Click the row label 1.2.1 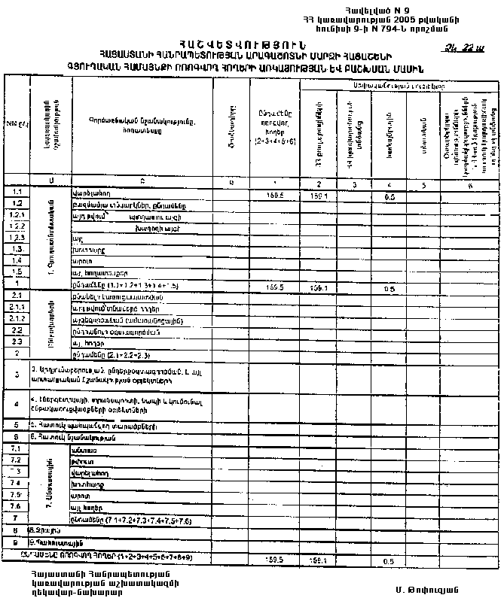(x=17, y=215)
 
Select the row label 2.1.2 (x=17, y=320)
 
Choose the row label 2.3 (x=17, y=341)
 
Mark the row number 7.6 (x=17, y=506)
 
